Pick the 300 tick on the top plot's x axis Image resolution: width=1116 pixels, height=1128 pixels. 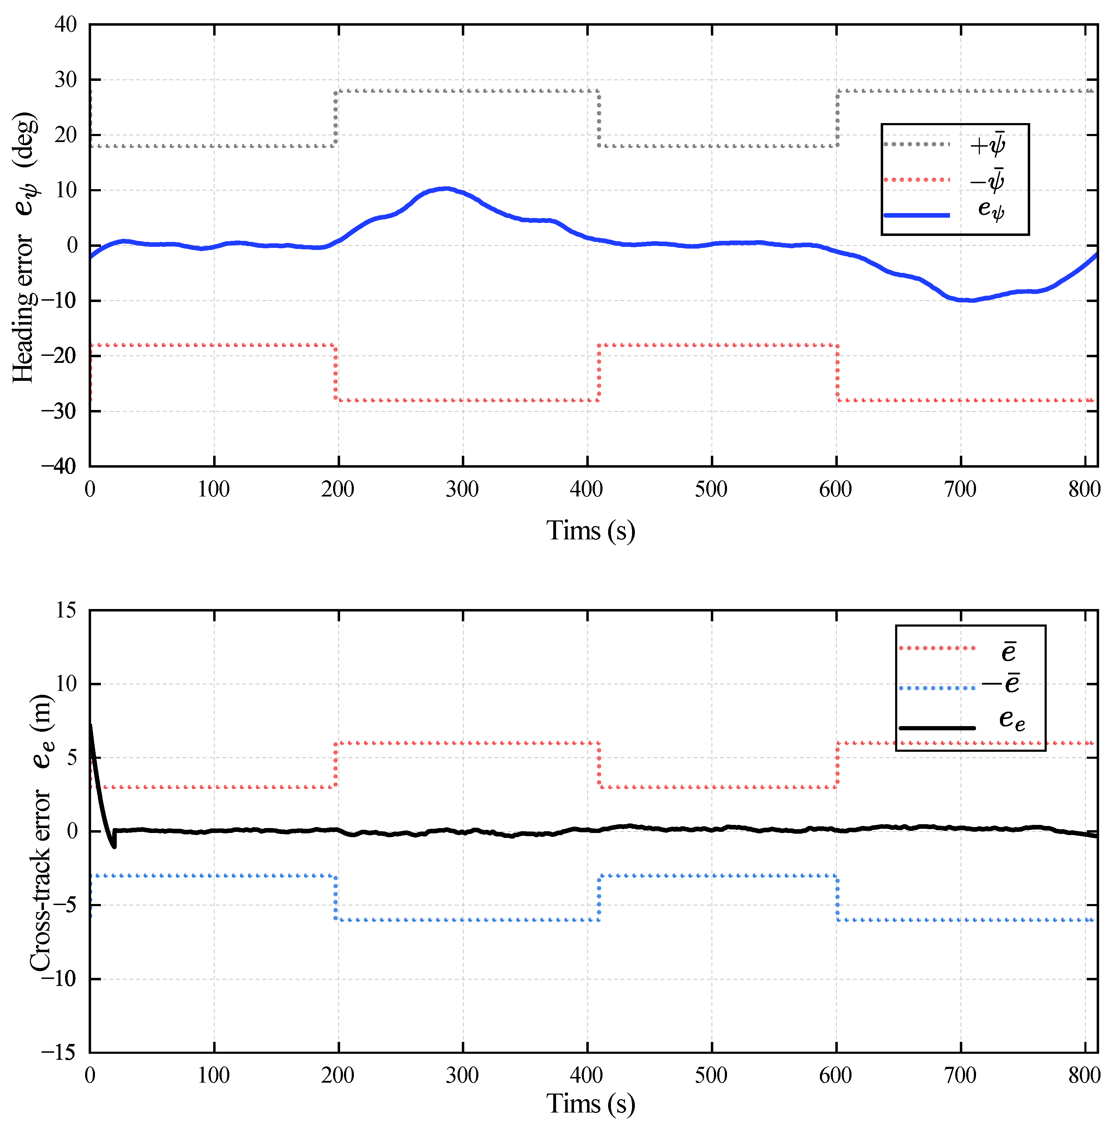[x=463, y=489]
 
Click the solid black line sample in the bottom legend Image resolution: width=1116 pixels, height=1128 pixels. [x=937, y=728]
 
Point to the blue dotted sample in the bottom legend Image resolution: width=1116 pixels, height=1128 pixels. [x=937, y=688]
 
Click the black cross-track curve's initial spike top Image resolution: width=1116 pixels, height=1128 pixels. [x=90, y=726]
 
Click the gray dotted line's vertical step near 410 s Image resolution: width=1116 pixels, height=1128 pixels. [x=599, y=118]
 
